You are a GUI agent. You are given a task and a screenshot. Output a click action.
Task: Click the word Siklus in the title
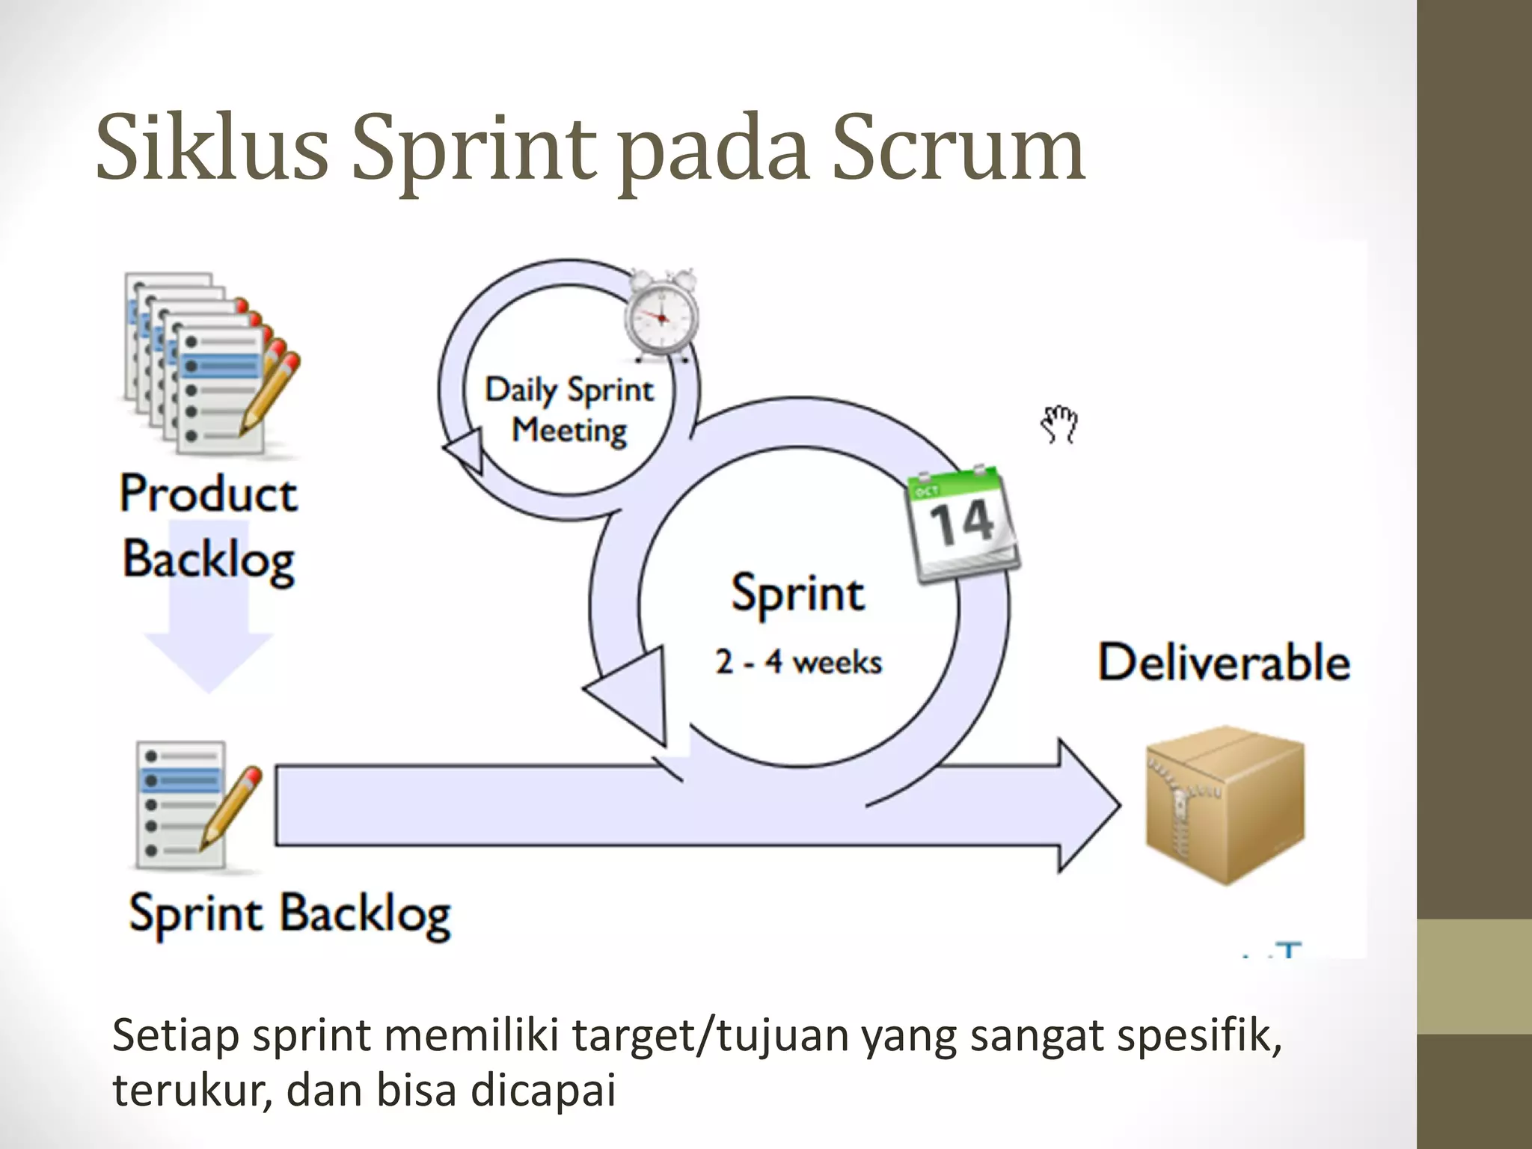pos(212,147)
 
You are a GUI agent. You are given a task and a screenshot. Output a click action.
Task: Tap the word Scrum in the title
pos(958,147)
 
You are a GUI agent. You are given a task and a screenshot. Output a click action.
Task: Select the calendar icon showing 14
pos(962,524)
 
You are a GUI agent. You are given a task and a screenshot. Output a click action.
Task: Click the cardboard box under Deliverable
pos(1225,804)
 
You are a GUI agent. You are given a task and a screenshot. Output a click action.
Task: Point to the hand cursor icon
pos(1059,424)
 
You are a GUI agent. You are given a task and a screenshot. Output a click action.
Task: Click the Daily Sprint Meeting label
pos(569,410)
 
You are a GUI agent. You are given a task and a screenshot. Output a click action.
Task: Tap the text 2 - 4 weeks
pos(798,662)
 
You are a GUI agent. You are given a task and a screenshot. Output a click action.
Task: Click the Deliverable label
pos(1224,662)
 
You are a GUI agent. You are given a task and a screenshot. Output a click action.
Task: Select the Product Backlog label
pos(209,527)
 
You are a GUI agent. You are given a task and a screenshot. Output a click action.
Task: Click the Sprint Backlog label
pos(289,914)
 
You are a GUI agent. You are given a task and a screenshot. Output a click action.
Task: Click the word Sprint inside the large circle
pos(797,594)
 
